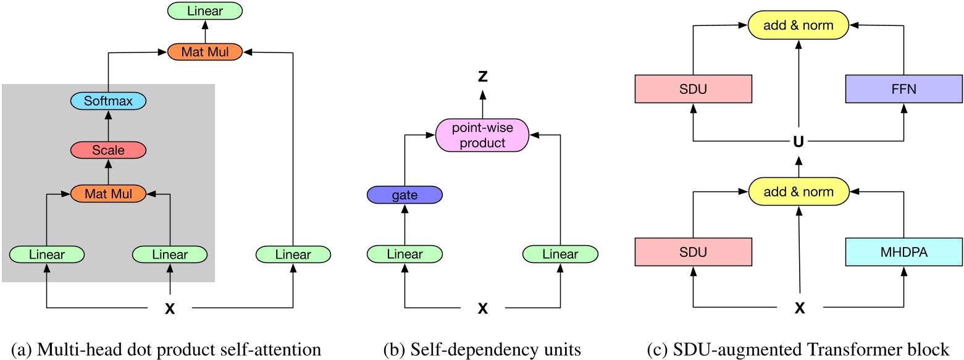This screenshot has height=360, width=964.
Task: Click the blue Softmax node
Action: [x=109, y=101]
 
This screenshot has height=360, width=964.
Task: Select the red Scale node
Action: [x=109, y=149]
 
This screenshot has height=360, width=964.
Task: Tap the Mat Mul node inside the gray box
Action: [x=109, y=194]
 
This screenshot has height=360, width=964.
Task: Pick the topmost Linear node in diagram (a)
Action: [x=204, y=10]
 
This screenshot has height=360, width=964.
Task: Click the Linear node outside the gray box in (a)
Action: [x=293, y=254]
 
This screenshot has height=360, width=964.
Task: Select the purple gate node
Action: [x=404, y=195]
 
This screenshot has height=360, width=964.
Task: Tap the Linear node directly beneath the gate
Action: [x=404, y=254]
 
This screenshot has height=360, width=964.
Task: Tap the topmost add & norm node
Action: [x=799, y=25]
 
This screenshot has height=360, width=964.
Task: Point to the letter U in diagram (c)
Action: [x=799, y=141]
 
